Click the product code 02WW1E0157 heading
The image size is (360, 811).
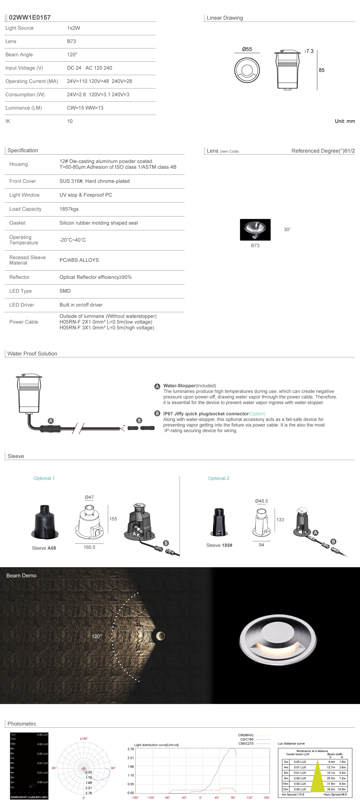tap(30, 18)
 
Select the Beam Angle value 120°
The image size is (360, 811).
tap(72, 55)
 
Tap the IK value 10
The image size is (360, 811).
tap(70, 121)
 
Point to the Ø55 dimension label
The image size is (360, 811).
tap(247, 49)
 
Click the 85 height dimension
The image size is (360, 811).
tap(321, 70)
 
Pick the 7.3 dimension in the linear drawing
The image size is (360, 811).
tap(310, 51)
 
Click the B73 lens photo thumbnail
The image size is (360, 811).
tap(255, 230)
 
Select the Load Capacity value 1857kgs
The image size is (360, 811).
tap(69, 209)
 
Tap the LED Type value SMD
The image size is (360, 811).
tap(65, 291)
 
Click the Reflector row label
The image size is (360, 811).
tap(19, 277)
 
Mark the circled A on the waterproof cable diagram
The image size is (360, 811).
tap(51, 421)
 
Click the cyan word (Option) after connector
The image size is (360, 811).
tap(257, 414)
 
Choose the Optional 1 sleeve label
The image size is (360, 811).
tap(44, 478)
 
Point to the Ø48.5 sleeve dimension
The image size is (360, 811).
tap(261, 501)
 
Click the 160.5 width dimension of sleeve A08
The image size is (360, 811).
tap(89, 547)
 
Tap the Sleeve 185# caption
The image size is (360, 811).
tap(219, 545)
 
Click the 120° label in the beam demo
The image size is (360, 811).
tap(97, 636)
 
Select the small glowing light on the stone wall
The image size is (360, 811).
tap(160, 636)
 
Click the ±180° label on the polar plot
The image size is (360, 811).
tap(84, 738)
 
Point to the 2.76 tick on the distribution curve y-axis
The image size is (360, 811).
tap(131, 749)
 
